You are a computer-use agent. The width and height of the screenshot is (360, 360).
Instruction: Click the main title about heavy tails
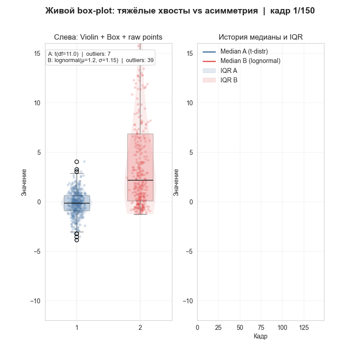[x=180, y=11]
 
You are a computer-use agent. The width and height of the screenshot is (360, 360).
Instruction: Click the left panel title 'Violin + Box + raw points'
[x=108, y=37]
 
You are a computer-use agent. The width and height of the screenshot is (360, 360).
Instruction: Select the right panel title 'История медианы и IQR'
[x=261, y=37]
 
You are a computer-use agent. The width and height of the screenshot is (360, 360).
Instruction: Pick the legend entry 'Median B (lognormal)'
[x=250, y=61]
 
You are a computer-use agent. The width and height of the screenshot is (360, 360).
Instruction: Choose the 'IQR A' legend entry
[x=229, y=71]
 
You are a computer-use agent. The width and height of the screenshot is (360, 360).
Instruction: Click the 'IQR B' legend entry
[x=229, y=80]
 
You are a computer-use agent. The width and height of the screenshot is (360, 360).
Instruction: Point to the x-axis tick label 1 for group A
[x=77, y=328]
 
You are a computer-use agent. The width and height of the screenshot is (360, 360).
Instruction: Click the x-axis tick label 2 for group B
[x=140, y=328]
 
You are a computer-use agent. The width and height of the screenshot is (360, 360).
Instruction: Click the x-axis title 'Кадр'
[x=261, y=337]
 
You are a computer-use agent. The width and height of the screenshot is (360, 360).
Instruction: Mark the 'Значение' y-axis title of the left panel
[x=24, y=182]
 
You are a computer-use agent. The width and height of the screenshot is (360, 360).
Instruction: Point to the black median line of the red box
[x=140, y=180]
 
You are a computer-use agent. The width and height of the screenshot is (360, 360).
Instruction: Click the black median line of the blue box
[x=77, y=203]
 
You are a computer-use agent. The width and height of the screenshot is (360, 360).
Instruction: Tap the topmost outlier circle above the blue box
[x=77, y=162]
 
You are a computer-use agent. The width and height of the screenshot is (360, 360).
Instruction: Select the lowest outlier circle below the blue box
[x=77, y=240]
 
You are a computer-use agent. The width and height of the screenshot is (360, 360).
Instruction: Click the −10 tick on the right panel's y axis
[x=188, y=301]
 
